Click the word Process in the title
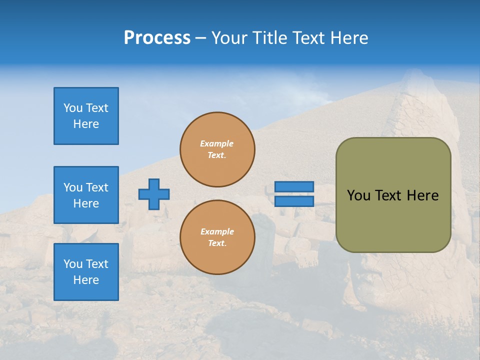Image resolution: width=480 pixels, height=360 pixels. (x=157, y=38)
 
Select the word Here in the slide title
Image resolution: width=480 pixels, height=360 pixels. (x=349, y=38)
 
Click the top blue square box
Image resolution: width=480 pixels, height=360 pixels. (x=86, y=116)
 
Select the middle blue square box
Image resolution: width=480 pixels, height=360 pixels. (x=86, y=195)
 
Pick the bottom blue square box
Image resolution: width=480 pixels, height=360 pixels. (x=86, y=272)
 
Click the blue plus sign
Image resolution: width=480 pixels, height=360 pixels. (x=154, y=194)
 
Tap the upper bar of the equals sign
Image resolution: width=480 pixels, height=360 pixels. (x=294, y=186)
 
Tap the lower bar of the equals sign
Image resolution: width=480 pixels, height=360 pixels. (x=294, y=201)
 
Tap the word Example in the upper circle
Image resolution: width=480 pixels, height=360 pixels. (x=217, y=143)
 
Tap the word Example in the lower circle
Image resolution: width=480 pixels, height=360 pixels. (x=217, y=231)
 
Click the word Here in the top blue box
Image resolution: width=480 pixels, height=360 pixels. (x=86, y=124)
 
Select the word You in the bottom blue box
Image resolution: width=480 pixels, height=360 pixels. (x=73, y=264)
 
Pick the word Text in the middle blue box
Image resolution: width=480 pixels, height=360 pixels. (x=97, y=187)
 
